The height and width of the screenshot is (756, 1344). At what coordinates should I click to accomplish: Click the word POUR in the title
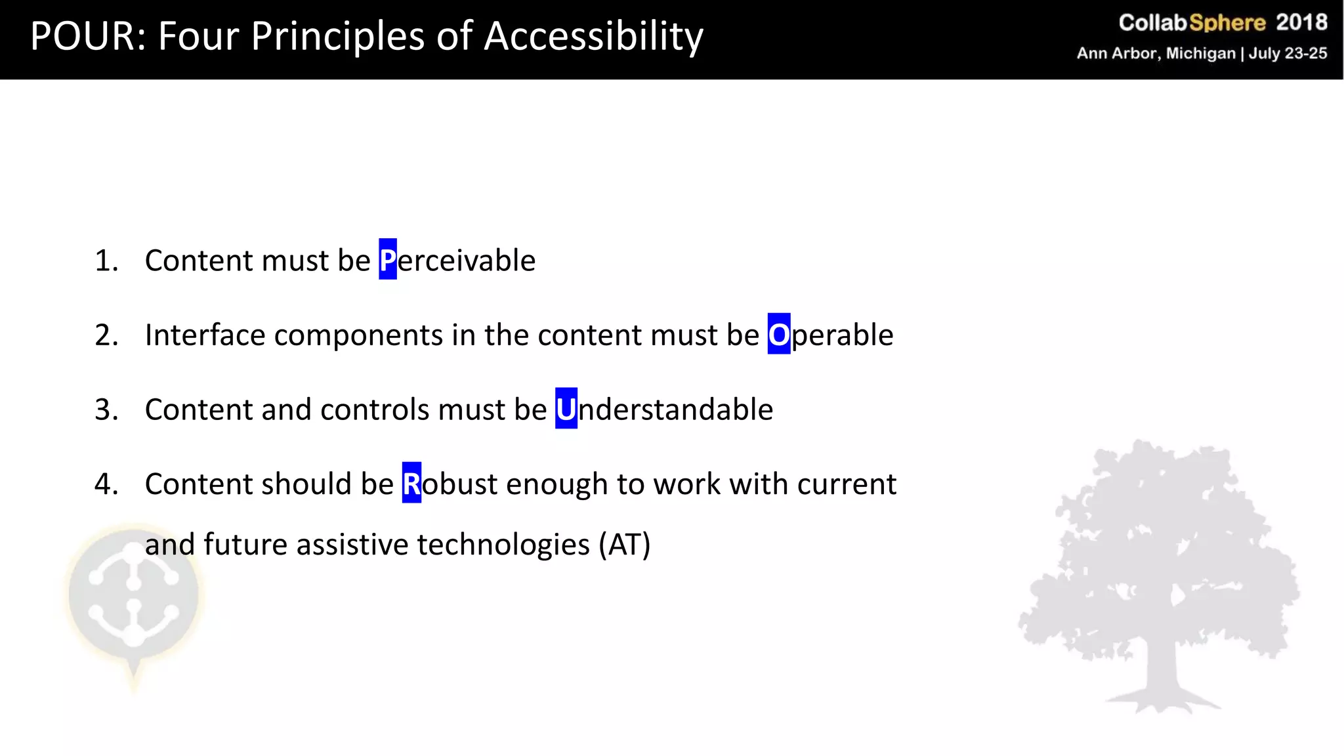point(82,36)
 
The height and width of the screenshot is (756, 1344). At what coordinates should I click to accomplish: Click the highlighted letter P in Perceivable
point(388,260)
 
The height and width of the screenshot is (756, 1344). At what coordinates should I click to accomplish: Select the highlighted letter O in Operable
point(778,335)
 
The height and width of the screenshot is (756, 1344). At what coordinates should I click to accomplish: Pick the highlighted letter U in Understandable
point(566,409)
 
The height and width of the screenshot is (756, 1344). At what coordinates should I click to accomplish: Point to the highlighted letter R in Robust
point(411,484)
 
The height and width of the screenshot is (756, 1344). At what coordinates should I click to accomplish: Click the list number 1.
point(105,261)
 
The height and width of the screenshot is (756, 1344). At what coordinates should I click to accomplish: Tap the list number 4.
point(105,484)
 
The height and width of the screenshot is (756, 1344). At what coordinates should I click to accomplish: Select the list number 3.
point(105,409)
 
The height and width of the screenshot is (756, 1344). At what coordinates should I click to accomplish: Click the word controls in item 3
point(375,409)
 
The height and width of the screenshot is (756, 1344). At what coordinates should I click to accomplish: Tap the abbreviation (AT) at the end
point(624,545)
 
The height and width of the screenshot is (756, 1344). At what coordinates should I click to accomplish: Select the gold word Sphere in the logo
point(1227,23)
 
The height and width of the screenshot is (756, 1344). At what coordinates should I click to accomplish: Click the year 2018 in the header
point(1301,23)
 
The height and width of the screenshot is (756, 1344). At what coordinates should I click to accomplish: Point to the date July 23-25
point(1288,53)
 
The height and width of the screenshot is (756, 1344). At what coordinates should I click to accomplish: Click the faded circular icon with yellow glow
point(134,594)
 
